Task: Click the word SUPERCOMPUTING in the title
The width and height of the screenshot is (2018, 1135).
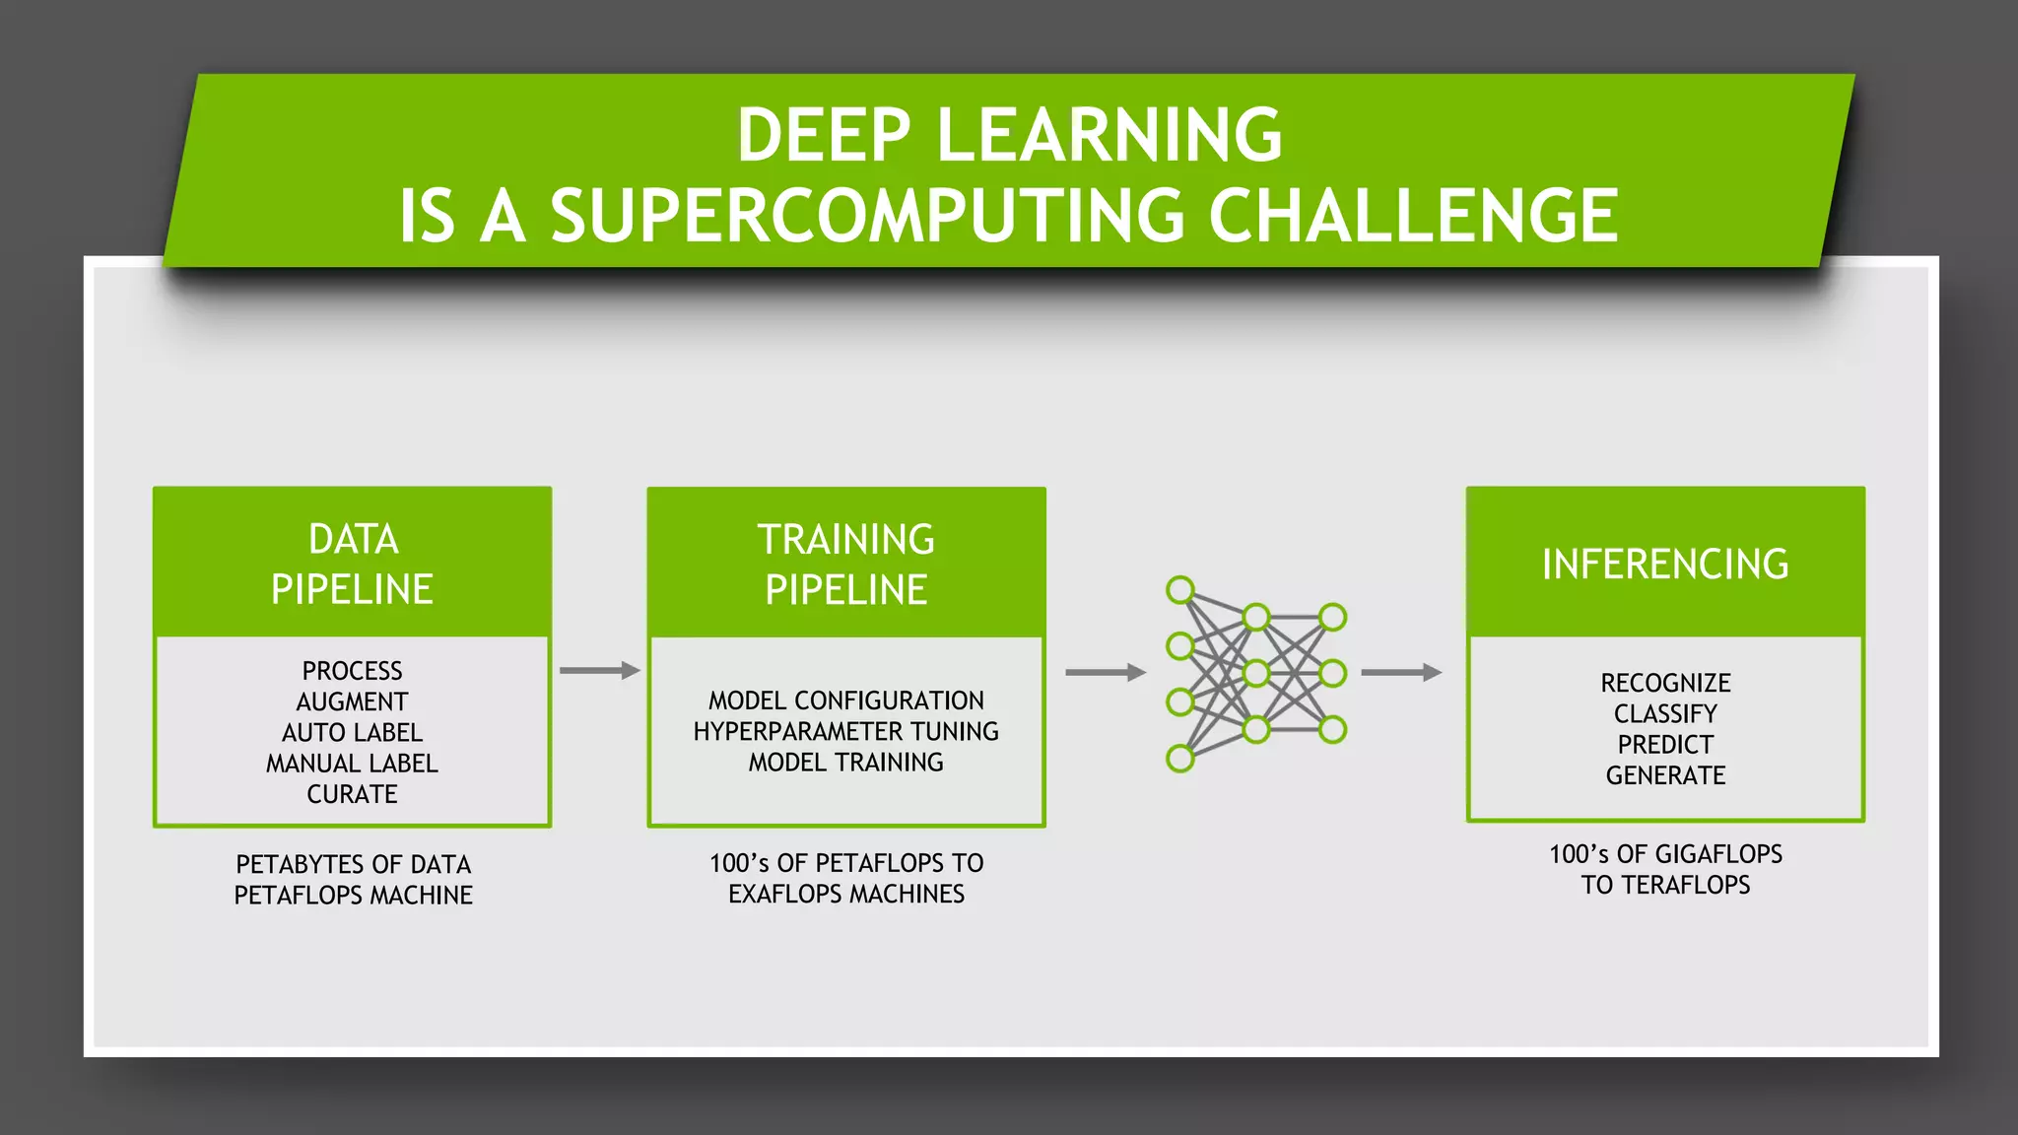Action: [867, 217]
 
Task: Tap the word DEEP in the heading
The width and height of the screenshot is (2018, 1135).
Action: [824, 135]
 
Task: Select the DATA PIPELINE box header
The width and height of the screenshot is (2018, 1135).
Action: [352, 564]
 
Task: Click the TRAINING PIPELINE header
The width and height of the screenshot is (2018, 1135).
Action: [845, 564]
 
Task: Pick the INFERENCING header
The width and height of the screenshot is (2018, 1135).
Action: [1664, 564]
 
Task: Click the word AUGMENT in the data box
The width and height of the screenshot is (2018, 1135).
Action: [352, 701]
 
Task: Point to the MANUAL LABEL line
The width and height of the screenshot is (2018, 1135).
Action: [352, 764]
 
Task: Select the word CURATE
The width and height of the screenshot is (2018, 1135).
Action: [352, 794]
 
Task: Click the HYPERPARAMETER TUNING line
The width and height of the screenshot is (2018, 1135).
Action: [845, 731]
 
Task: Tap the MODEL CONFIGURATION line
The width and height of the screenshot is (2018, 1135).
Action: [845, 701]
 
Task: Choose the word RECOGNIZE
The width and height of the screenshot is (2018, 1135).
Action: [1665, 683]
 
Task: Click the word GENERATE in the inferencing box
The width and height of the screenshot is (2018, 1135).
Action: [1665, 775]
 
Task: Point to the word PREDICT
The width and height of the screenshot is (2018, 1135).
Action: [1665, 745]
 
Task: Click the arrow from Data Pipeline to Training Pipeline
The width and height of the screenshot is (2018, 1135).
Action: [599, 671]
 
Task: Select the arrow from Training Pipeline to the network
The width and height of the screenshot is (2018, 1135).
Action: [1105, 673]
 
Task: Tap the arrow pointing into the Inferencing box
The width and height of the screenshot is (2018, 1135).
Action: [1400, 673]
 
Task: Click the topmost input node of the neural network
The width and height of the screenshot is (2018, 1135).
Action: [1179, 590]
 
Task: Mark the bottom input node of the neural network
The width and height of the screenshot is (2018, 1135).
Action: [1179, 759]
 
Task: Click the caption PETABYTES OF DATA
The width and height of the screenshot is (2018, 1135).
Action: [353, 864]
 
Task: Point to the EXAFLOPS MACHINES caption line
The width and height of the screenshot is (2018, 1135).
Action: [845, 894]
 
